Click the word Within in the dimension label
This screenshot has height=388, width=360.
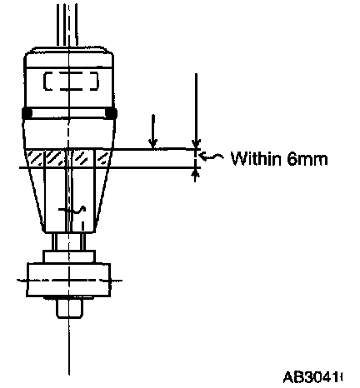pyautogui.click(x=256, y=158)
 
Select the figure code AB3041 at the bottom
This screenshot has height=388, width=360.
pyautogui.click(x=313, y=377)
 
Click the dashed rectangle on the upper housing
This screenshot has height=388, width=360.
pyautogui.click(x=71, y=81)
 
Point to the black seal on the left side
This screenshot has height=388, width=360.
pyautogui.click(x=27, y=113)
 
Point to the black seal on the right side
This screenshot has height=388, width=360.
pyautogui.click(x=112, y=113)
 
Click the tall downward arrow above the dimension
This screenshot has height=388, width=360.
pyautogui.click(x=196, y=111)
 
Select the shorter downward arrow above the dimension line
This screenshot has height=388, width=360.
pyautogui.click(x=152, y=132)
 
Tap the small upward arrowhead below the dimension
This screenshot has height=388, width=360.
pyautogui.click(x=196, y=174)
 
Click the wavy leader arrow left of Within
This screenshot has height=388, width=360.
pyautogui.click(x=211, y=157)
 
